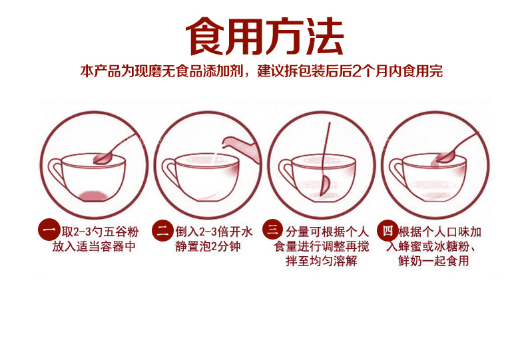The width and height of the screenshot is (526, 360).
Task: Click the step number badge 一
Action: coord(48,231)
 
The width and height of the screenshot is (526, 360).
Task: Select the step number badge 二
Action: coord(163,231)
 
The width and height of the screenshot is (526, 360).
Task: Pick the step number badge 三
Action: coord(273,231)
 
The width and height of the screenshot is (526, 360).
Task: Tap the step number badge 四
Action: coord(388,231)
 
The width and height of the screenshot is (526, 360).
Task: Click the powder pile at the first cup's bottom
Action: coord(92,195)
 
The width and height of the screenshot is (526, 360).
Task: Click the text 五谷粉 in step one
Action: coord(125,232)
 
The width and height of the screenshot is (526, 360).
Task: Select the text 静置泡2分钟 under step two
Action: coord(208,246)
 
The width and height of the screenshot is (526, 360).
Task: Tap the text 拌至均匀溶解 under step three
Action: coord(322,261)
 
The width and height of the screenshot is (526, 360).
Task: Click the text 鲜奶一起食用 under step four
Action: coord(436,261)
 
